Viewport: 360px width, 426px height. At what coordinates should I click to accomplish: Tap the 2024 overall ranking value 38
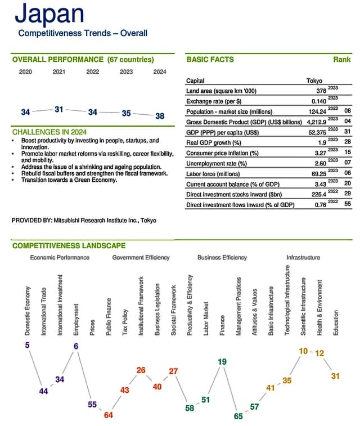160,116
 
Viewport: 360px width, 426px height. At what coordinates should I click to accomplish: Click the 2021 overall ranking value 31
58,109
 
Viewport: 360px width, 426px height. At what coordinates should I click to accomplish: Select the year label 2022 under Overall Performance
92,71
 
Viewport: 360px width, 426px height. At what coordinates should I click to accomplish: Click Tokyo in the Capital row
314,80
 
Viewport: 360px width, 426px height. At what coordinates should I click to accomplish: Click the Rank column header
341,60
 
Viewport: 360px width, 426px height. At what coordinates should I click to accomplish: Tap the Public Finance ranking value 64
109,415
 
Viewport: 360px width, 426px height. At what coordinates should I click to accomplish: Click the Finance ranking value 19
222,362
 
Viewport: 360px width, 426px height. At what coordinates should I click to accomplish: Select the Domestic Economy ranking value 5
27,345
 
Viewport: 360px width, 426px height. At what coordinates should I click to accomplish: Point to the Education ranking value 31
335,376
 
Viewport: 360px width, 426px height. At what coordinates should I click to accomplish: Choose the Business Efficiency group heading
222,257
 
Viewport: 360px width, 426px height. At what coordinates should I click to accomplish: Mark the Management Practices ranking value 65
238,416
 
